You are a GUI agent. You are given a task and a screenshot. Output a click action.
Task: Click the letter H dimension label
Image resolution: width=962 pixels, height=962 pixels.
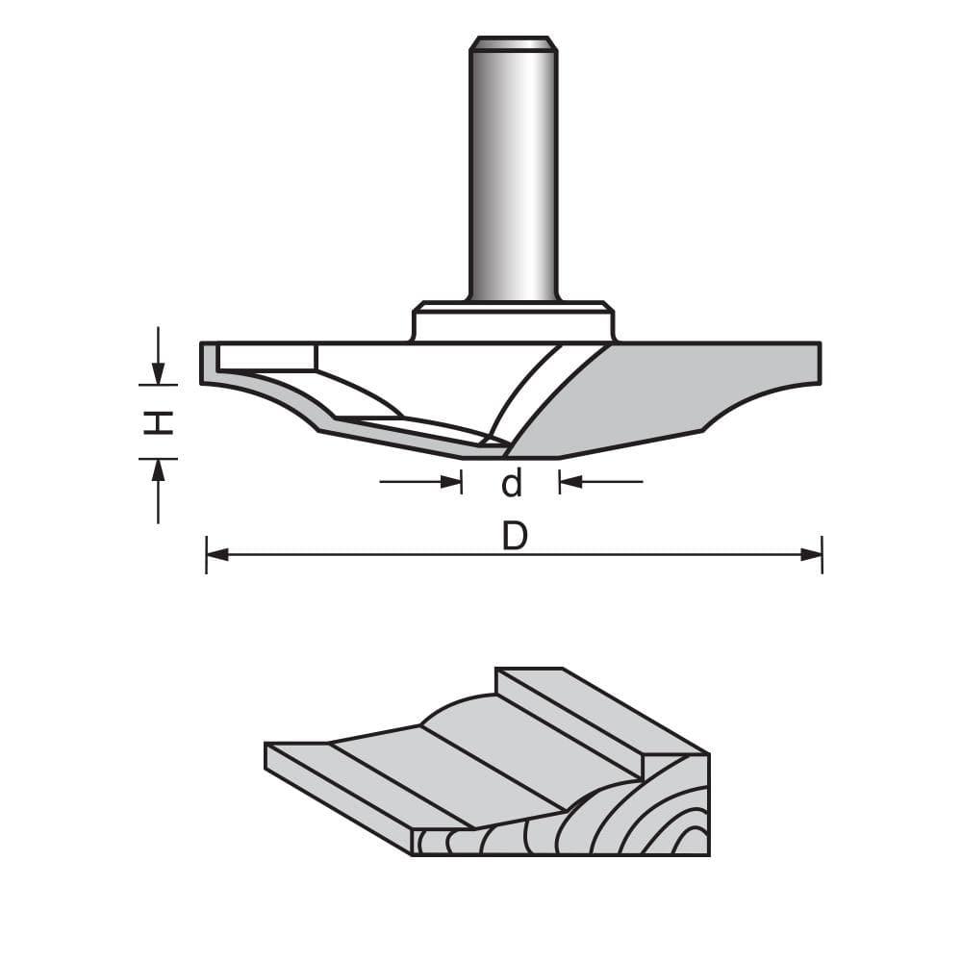tap(159, 421)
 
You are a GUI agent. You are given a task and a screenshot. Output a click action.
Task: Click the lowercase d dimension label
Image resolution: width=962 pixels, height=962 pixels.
tap(512, 483)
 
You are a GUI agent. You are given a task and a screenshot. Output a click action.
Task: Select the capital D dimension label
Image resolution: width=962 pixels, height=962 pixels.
tap(516, 538)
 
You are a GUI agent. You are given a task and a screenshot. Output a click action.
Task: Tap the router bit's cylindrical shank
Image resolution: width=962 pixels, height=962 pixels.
tap(513, 173)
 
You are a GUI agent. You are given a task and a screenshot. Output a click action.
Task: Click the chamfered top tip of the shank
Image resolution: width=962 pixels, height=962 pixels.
tap(513, 43)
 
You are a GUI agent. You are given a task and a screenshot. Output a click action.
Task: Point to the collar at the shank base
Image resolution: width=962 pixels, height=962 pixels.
tap(513, 321)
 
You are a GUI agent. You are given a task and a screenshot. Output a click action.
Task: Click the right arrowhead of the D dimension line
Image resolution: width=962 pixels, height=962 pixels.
tap(811, 554)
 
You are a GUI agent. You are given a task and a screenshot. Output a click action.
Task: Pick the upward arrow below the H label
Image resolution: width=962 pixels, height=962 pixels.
tap(159, 469)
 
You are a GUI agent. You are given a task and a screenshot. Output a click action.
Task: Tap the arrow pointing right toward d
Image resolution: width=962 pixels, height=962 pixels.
tap(451, 481)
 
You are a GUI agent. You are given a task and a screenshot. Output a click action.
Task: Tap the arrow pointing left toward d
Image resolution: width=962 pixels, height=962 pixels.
tap(570, 481)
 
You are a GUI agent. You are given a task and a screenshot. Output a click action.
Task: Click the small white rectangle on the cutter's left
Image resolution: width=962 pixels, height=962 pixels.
tap(267, 357)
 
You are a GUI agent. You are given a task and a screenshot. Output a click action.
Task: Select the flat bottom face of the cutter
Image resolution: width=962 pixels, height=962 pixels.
tap(534, 456)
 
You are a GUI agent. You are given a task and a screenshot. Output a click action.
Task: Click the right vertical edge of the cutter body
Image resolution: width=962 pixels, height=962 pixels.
tap(820, 363)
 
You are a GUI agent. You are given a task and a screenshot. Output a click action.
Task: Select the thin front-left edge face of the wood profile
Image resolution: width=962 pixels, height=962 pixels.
tap(337, 798)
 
